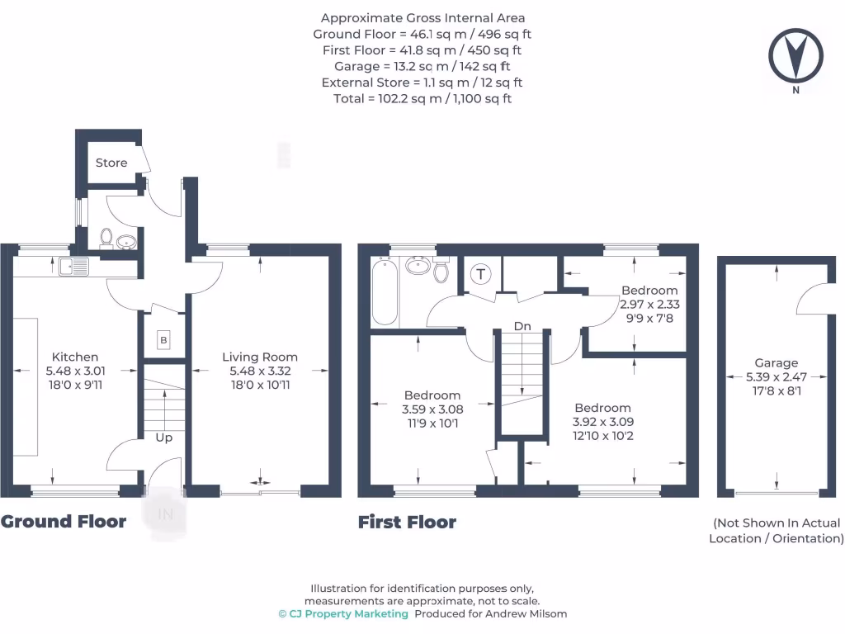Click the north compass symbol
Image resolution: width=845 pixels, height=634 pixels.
(x=795, y=56)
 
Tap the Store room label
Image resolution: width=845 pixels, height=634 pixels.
(x=111, y=163)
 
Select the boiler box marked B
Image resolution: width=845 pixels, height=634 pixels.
(x=163, y=340)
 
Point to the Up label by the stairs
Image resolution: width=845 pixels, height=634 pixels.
(x=164, y=437)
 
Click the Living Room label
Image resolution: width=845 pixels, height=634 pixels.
(x=259, y=357)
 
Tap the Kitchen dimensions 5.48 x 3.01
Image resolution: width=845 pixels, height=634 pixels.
(x=75, y=371)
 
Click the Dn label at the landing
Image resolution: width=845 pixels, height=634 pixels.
(x=522, y=326)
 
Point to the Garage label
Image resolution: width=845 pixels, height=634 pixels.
(x=777, y=362)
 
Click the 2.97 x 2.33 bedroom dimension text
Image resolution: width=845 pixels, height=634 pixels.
(x=649, y=304)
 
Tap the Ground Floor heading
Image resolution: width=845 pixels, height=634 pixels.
(x=64, y=521)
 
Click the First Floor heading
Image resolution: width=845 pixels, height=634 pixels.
(x=407, y=522)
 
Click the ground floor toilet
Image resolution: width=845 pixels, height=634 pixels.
(x=106, y=238)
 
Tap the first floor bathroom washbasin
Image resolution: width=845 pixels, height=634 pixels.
(x=418, y=266)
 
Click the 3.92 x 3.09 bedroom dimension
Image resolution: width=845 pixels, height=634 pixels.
(x=603, y=422)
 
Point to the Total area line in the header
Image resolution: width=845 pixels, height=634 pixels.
(x=422, y=98)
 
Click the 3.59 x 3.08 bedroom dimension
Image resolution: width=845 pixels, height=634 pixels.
(x=432, y=409)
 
